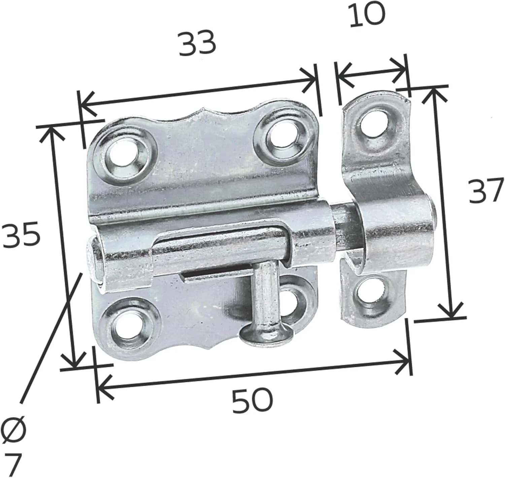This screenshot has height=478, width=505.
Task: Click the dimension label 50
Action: pos(252,401)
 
